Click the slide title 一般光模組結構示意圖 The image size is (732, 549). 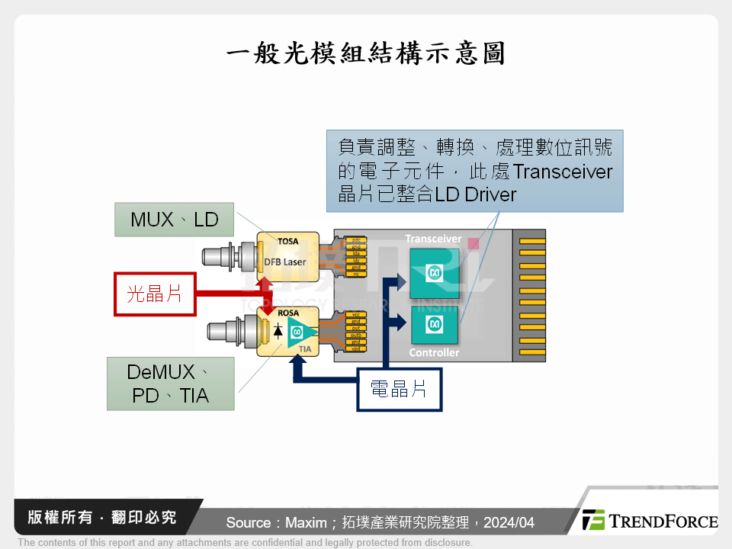click(x=366, y=54)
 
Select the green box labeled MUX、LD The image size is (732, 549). click(x=175, y=220)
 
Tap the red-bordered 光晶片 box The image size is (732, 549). click(x=155, y=294)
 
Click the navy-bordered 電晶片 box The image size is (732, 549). click(x=398, y=390)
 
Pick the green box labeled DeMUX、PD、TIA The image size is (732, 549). click(x=169, y=384)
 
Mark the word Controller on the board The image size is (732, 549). click(x=434, y=353)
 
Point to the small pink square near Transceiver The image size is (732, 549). click(x=473, y=243)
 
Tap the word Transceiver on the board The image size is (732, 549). click(x=433, y=239)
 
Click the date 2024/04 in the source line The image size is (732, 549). click(x=509, y=522)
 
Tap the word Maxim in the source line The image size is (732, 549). click(x=300, y=522)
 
